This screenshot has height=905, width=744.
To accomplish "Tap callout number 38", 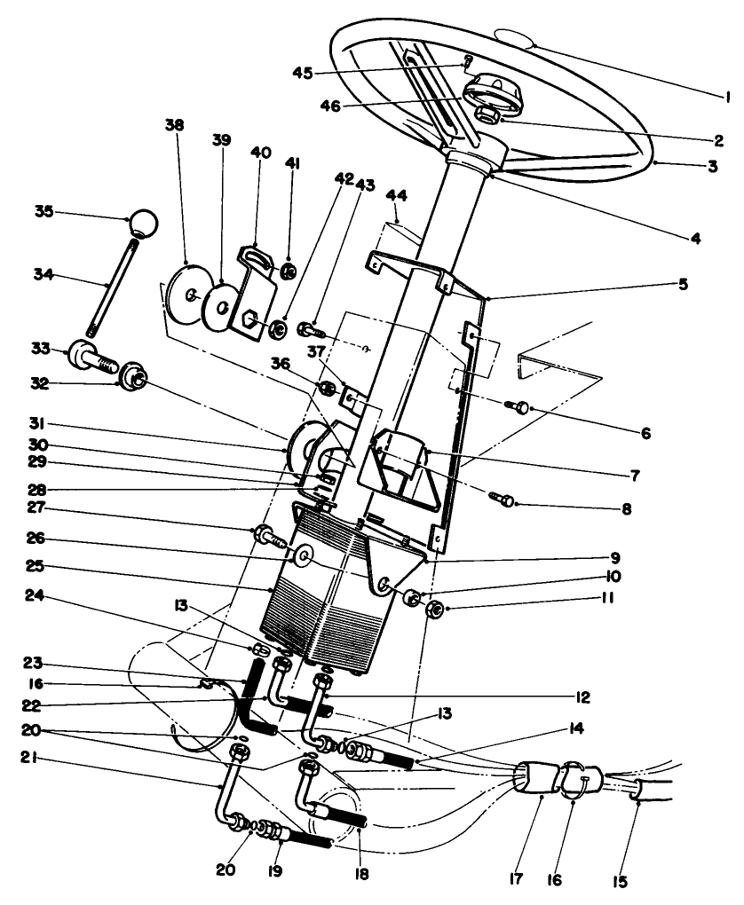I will (174, 126).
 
